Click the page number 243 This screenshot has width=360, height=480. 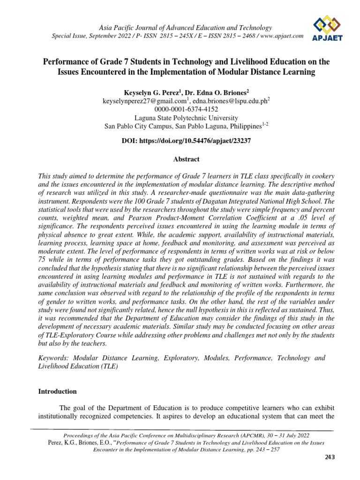[330, 458]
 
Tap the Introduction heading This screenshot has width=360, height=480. [58, 391]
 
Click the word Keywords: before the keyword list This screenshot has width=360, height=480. [53, 358]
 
